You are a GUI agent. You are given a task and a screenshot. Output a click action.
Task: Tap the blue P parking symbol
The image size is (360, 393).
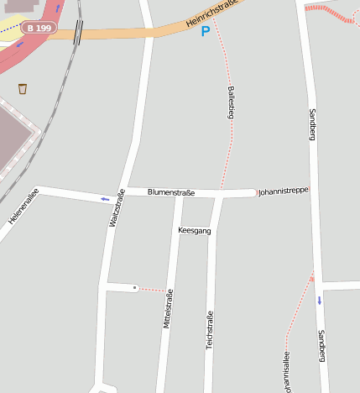pos(206,32)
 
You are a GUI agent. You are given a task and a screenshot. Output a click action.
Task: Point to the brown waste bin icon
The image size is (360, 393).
pos(23,88)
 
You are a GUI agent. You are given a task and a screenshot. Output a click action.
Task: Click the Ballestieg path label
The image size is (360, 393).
pos(231,102)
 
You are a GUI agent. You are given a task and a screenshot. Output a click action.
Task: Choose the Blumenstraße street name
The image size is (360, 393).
pos(170,192)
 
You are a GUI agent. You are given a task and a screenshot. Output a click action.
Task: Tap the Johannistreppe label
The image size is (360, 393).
pos(283,191)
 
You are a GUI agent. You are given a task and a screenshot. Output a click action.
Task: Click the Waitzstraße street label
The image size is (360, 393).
pos(117,208)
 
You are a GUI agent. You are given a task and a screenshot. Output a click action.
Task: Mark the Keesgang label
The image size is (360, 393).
pos(195,230)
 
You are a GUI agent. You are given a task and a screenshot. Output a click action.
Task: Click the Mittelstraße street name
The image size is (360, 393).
pos(168,308)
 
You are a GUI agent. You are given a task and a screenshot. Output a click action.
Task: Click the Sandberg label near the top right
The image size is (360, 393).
pos(312,123)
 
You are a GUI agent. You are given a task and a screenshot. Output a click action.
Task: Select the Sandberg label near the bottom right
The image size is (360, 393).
pos(321,346)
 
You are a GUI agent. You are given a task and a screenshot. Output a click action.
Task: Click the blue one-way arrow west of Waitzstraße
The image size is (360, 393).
pos(105,199)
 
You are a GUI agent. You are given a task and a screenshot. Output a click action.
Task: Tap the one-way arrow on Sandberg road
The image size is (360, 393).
pos(319,300)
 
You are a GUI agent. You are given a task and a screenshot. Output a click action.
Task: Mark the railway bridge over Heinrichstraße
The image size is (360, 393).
pos(78,32)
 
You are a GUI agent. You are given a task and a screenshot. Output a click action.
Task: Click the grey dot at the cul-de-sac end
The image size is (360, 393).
pos(134,287)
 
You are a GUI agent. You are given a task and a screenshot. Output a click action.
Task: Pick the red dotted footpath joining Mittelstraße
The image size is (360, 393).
pos(153,290)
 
